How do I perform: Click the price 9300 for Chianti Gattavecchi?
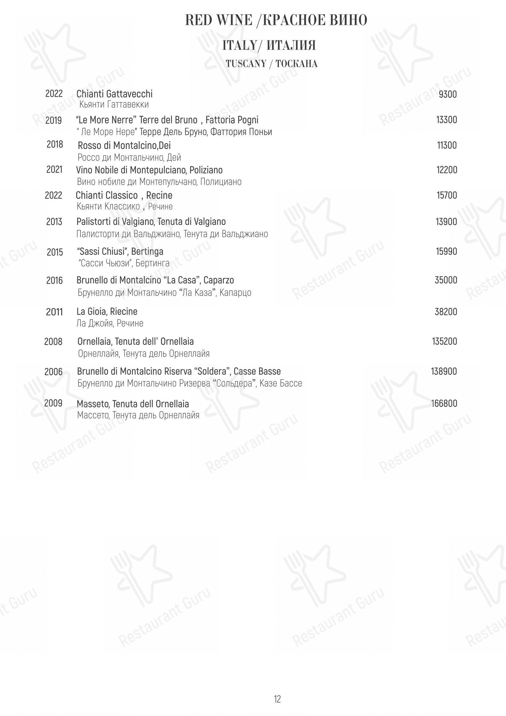(448, 94)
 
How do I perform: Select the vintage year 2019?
(54, 120)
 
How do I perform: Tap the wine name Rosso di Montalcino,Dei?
(124, 146)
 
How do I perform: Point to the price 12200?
(447, 170)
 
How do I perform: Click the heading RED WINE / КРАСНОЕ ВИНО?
(276, 21)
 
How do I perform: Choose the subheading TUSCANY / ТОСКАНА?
(272, 64)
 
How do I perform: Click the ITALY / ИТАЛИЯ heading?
(269, 46)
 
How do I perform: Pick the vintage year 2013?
(54, 222)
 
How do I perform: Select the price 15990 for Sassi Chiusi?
(446, 251)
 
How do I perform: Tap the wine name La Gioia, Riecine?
(107, 312)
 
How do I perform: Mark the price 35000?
(446, 280)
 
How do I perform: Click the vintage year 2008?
(53, 342)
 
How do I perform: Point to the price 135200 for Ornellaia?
(444, 342)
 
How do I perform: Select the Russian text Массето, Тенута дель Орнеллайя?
(138, 415)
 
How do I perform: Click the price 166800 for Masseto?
(444, 403)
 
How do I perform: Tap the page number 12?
(277, 699)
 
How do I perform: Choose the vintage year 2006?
(54, 372)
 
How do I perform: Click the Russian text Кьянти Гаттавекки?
(114, 104)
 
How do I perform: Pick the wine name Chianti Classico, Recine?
(124, 195)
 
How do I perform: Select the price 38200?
(446, 312)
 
